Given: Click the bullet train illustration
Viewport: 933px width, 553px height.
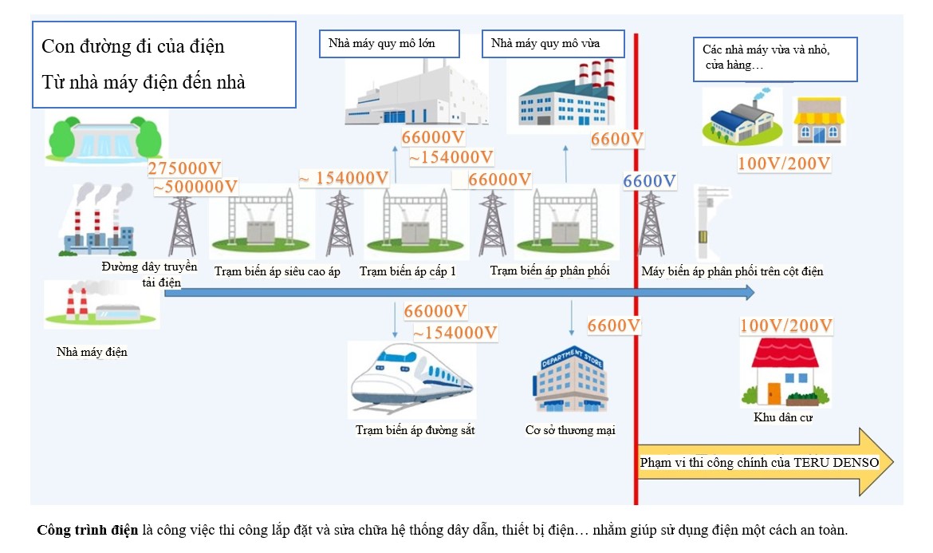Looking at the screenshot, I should coord(411,379).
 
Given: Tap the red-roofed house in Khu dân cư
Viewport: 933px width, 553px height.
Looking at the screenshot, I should coord(785,373).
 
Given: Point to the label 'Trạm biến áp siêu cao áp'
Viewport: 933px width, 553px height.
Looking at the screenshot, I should coord(278,272).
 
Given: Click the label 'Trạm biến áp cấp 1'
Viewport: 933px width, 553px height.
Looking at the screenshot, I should coord(407,272).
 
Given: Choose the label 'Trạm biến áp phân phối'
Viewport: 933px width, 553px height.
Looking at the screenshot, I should coord(549,271).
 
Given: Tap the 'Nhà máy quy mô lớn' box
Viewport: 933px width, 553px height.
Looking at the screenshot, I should coord(382,43).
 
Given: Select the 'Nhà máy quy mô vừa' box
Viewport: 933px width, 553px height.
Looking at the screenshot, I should coord(545,43).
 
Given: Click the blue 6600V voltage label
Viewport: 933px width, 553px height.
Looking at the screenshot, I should coord(649,181).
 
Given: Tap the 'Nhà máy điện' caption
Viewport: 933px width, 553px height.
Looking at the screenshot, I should coord(92,352).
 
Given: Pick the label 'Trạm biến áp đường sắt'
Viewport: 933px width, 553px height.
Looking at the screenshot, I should coord(415,430).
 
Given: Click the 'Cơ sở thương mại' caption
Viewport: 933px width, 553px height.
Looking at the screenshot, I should coord(569,430).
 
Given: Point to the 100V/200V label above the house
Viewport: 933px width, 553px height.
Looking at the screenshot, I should coord(785,326).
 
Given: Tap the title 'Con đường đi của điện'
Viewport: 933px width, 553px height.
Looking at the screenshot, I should coord(133,46).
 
